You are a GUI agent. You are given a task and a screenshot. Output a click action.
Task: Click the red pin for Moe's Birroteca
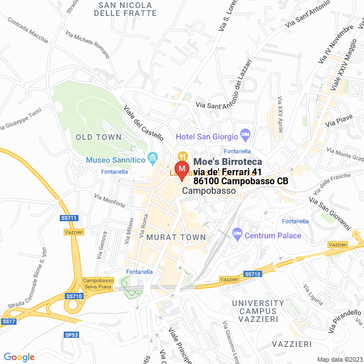tap(181, 170)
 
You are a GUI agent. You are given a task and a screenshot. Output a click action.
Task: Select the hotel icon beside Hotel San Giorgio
tap(246, 135)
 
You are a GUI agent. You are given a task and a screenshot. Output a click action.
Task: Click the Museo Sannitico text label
tap(115, 160)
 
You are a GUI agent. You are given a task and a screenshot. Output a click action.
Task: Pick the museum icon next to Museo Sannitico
tap(152, 158)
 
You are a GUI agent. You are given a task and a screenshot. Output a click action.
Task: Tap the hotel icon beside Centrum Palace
tap(237, 234)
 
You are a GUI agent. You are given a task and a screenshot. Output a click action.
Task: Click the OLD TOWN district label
tap(98, 137)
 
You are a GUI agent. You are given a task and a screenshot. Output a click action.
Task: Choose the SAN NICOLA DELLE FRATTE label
tap(127, 9)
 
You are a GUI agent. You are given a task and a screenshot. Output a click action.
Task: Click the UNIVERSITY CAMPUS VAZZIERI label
tap(258, 311)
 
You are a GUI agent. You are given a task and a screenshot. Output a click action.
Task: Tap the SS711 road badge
tap(68, 218)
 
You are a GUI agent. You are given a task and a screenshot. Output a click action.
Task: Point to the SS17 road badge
tap(8, 321)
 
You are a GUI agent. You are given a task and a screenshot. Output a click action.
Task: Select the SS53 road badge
tap(71, 335)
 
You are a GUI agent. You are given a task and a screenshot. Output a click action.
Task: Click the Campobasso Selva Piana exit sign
tap(98, 284)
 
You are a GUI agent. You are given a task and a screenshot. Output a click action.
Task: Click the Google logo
tap(19, 357)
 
